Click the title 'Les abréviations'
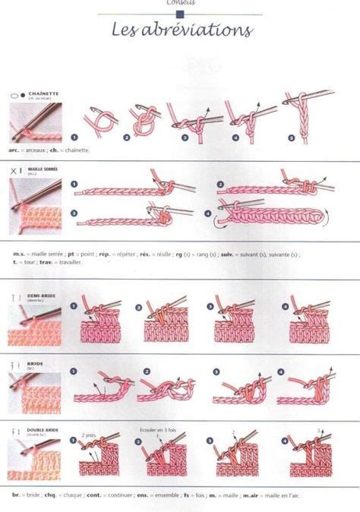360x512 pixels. [182, 30]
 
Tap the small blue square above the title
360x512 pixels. [179, 13]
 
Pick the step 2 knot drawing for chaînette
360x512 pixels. [144, 120]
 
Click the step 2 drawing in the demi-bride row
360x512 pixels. [167, 323]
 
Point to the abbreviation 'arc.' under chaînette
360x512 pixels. [16, 150]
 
